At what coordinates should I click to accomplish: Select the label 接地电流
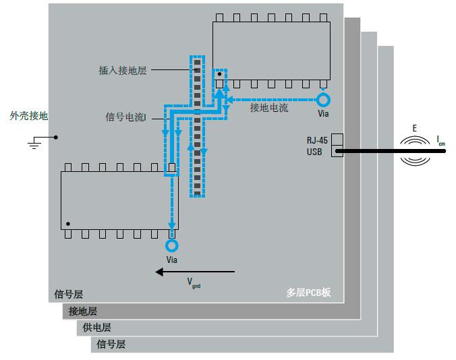[x=268, y=108]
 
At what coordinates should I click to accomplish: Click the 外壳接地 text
[x=28, y=116]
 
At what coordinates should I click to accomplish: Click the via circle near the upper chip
[x=324, y=100]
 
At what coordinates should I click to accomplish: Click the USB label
[x=314, y=152]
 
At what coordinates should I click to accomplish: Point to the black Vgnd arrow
[x=195, y=272]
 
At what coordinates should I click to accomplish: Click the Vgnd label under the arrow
[x=193, y=283]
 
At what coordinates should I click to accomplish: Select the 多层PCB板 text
[x=308, y=293]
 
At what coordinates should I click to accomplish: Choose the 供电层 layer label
[x=96, y=328]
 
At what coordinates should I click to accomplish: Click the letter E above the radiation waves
[x=414, y=127]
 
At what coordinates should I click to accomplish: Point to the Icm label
[x=440, y=140]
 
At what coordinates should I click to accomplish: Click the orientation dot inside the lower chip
[x=68, y=224]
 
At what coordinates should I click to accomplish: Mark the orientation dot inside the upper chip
[x=220, y=73]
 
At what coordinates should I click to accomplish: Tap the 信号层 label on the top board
[x=68, y=295]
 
